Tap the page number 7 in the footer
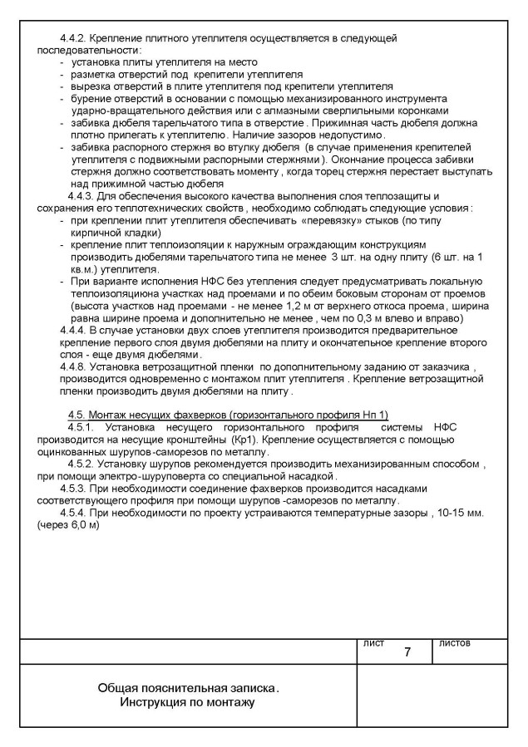[407, 652]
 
